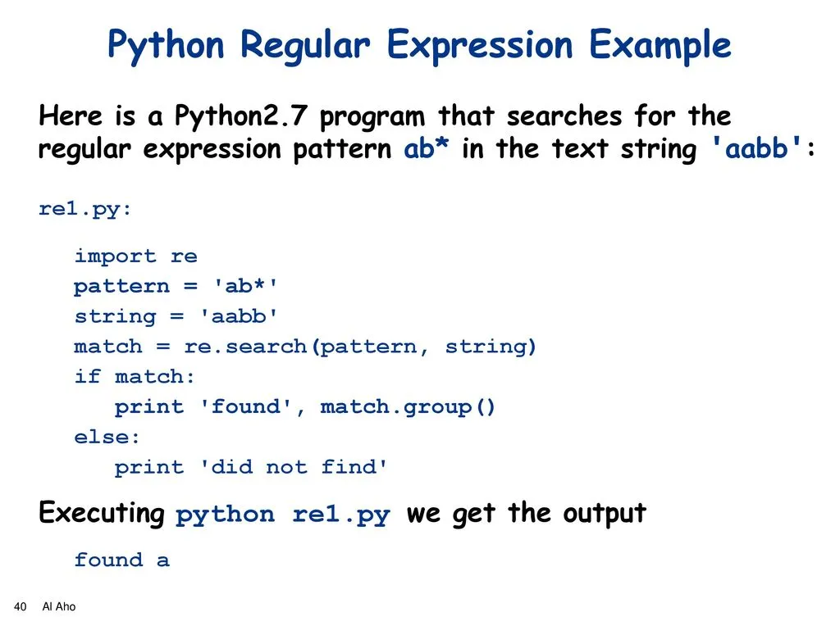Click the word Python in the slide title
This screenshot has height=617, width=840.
pos(166,46)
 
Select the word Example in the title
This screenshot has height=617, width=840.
pos(660,46)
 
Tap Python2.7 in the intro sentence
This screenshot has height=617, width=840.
pos(241,116)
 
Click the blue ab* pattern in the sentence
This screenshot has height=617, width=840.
pos(427,148)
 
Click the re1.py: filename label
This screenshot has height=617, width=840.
pos(84,209)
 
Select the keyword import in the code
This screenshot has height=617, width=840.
pos(115,256)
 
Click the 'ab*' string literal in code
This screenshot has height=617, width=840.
pos(245,286)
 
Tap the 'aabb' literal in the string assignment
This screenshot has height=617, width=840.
pos(239,316)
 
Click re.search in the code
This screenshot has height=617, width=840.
pos(245,347)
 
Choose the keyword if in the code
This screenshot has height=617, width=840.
pos(87,376)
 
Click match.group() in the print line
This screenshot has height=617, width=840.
pos(408,408)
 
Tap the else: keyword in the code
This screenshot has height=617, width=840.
pos(107,438)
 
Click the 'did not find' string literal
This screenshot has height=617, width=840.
pos(294,467)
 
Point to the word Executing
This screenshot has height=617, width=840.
pos(102,513)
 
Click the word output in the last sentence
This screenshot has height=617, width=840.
pos(605,513)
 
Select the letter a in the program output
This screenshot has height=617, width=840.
pos(163,560)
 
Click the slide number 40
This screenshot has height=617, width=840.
pos(20,607)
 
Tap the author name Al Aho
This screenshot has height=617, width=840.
pos(59,607)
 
